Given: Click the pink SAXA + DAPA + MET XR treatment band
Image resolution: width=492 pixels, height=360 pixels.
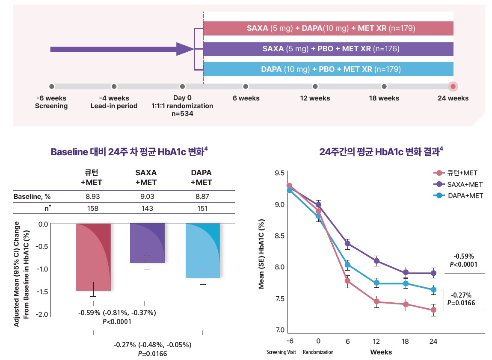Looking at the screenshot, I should point(328,29).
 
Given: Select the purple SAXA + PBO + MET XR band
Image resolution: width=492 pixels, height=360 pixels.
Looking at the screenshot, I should point(328,49).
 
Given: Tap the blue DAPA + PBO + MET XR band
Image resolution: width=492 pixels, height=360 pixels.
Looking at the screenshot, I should point(328,69).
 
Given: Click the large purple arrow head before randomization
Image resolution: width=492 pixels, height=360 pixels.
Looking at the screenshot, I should point(185,49).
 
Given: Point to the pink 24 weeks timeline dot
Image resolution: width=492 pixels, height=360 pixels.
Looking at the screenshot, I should point(453,86).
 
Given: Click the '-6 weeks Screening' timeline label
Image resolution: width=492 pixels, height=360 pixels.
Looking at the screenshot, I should point(51,102).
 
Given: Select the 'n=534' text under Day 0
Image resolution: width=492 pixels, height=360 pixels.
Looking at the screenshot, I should point(182,114).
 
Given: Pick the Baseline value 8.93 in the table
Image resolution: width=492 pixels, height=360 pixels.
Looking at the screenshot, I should point(93,197).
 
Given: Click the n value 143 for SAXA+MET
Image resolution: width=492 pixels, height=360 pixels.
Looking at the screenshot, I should point(146,208).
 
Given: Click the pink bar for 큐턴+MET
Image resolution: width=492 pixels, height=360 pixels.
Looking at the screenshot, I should point(93,257).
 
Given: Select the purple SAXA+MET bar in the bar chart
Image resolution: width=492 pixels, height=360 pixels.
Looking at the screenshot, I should point(147,243).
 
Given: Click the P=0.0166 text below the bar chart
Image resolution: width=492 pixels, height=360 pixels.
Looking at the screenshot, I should point(152,354).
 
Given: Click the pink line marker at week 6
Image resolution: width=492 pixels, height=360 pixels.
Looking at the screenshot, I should point(347,281).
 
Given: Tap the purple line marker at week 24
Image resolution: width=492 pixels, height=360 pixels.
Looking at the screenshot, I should point(433,273).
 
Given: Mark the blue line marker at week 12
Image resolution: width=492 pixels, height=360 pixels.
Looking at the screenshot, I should point(376,283).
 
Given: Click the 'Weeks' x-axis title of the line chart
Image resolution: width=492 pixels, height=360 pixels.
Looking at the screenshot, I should point(381,352).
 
